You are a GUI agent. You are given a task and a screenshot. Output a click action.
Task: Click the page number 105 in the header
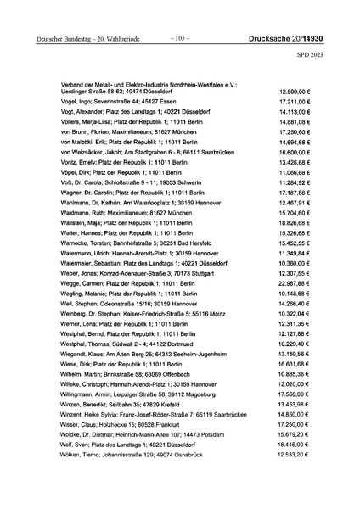tap(179, 38)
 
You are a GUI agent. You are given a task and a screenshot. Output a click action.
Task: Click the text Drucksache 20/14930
tap(294, 38)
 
